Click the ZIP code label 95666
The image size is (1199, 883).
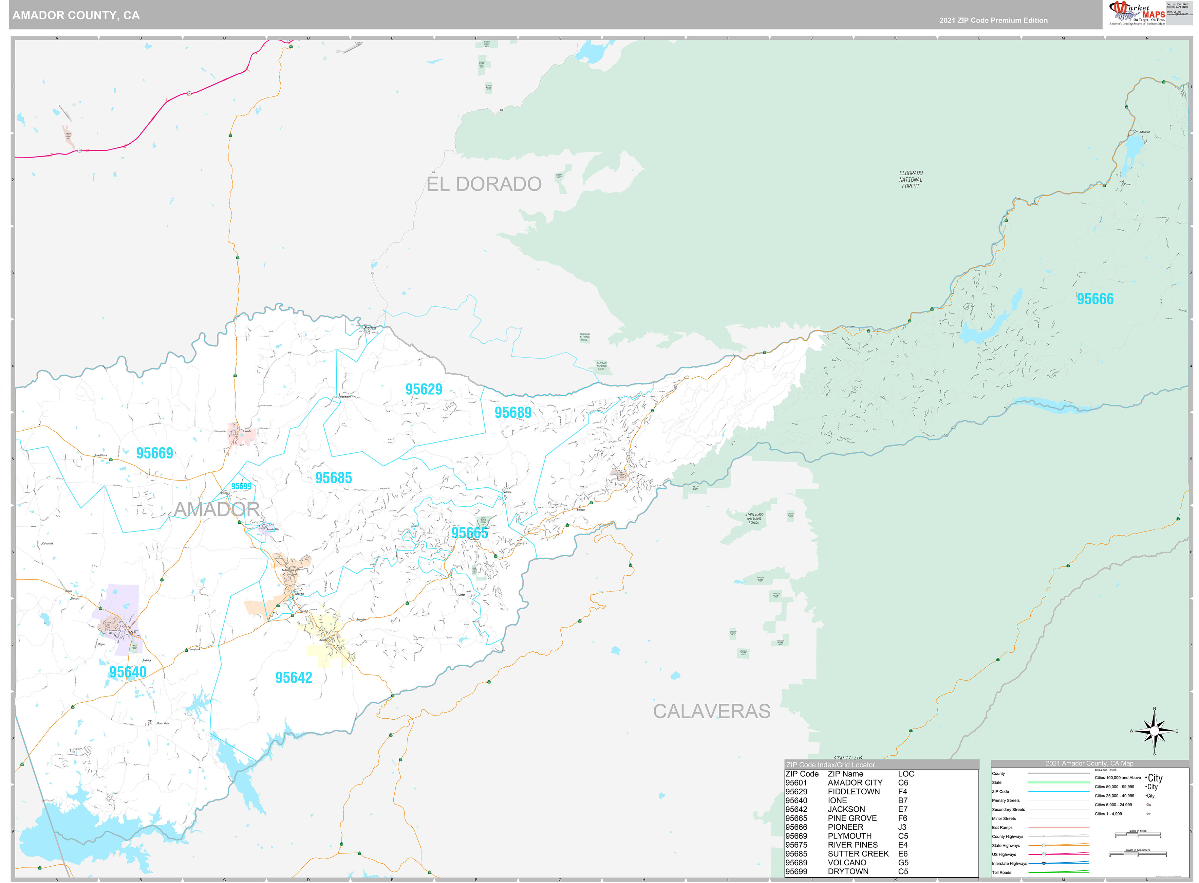click(x=1094, y=299)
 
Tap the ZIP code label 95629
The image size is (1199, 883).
click(x=424, y=389)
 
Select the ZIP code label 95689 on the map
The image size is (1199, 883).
click(x=513, y=413)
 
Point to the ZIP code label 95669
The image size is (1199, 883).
click(x=154, y=453)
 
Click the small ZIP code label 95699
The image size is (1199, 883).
click(x=241, y=486)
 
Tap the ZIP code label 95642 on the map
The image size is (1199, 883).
click(x=293, y=678)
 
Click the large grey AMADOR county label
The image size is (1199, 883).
click(x=217, y=509)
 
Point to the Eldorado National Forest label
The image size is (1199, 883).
click(x=911, y=180)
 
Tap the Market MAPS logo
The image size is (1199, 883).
click(x=1137, y=13)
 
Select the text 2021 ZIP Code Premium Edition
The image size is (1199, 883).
click(x=993, y=20)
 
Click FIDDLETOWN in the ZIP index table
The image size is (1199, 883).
click(x=854, y=792)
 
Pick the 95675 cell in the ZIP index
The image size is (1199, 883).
click(x=796, y=845)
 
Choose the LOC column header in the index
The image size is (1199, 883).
click(x=906, y=774)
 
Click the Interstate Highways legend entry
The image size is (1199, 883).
click(x=1009, y=863)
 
